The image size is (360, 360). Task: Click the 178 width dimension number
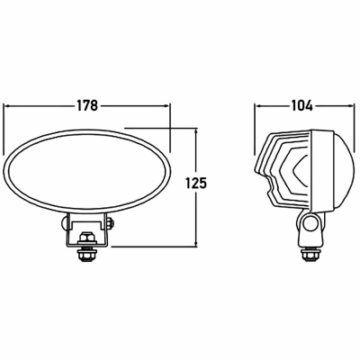coord(87,105)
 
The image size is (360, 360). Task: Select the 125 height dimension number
coord(196,183)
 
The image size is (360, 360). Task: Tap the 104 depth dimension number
coord(301,105)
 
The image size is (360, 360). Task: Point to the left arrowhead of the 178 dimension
coord(6,105)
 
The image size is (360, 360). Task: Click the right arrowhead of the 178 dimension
coord(166,105)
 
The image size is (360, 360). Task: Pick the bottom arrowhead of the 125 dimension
coord(196,243)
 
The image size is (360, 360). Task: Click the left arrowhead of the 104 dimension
coord(258,105)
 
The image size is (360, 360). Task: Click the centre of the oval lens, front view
coord(87,172)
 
